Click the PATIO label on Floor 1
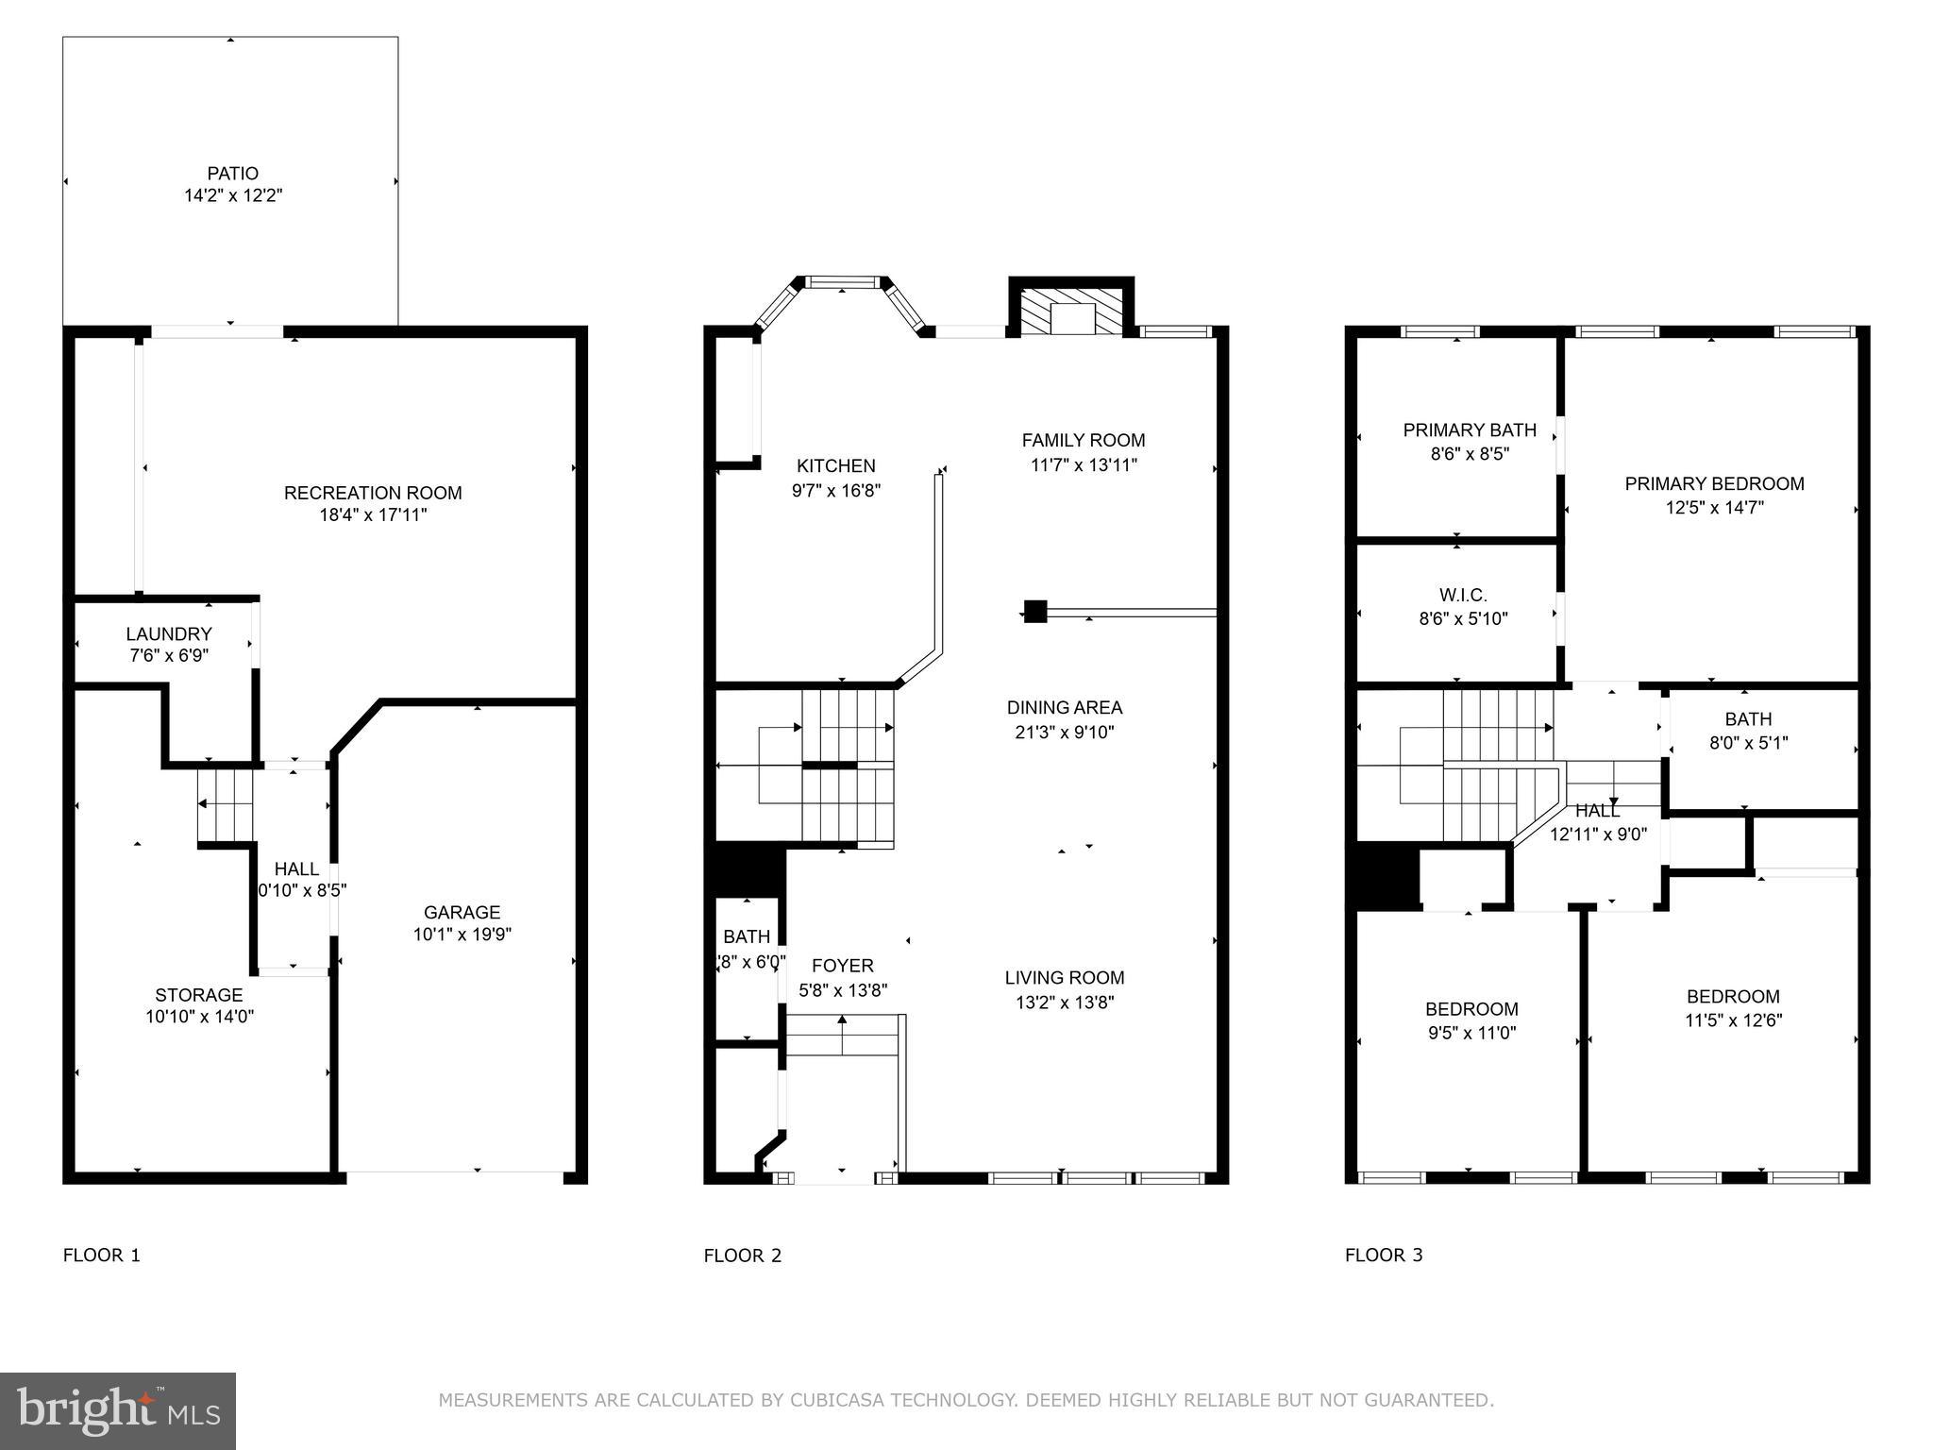(233, 174)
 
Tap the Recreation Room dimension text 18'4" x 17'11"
(373, 515)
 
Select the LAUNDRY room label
(169, 633)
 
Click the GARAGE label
(462, 912)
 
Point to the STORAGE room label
(199, 995)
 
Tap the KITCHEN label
(835, 465)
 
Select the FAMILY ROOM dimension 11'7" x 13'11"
(1084, 464)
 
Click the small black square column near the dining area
(1035, 611)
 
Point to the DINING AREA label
(1064, 707)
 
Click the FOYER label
(842, 966)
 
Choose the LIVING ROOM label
(1064, 978)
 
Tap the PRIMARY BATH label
(1470, 430)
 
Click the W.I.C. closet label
(1463, 596)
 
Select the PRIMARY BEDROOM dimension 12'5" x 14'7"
(1714, 508)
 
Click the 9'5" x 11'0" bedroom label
(1471, 1033)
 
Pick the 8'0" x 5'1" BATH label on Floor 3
(1748, 719)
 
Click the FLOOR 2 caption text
(743, 1256)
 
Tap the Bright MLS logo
(118, 1410)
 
